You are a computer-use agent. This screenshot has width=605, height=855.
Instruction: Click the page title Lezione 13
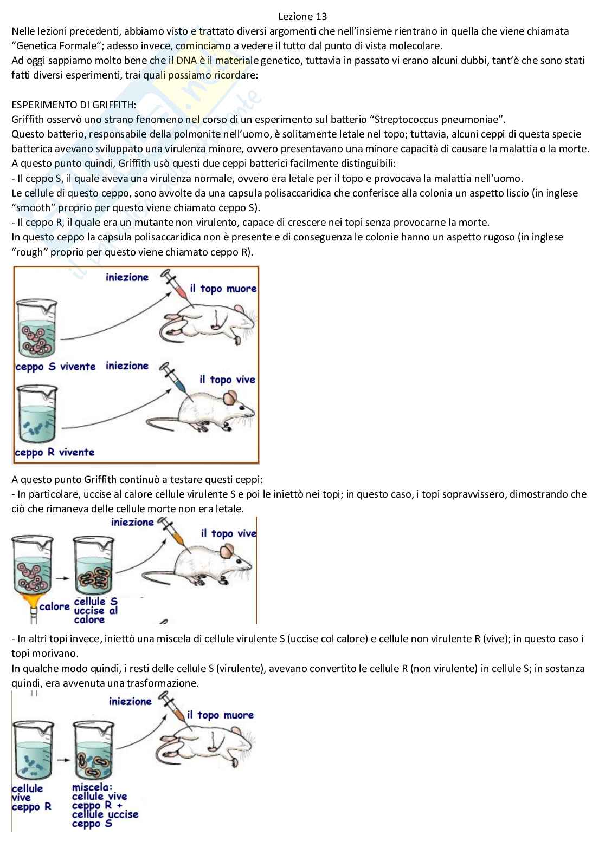(x=302, y=17)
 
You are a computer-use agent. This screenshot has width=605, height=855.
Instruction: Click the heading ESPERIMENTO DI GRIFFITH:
(x=74, y=105)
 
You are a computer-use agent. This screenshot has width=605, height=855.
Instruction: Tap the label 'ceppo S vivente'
(x=55, y=367)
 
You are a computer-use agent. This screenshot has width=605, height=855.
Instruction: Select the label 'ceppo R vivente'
(x=54, y=452)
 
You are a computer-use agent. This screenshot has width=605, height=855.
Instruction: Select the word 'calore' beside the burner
(x=54, y=606)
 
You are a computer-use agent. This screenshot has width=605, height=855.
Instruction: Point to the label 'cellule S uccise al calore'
(x=95, y=610)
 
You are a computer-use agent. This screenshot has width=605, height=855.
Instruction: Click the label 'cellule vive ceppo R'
(x=31, y=798)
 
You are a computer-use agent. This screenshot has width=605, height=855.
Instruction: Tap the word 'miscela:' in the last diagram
(x=92, y=787)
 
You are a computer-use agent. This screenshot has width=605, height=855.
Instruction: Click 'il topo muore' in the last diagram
(x=220, y=715)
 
